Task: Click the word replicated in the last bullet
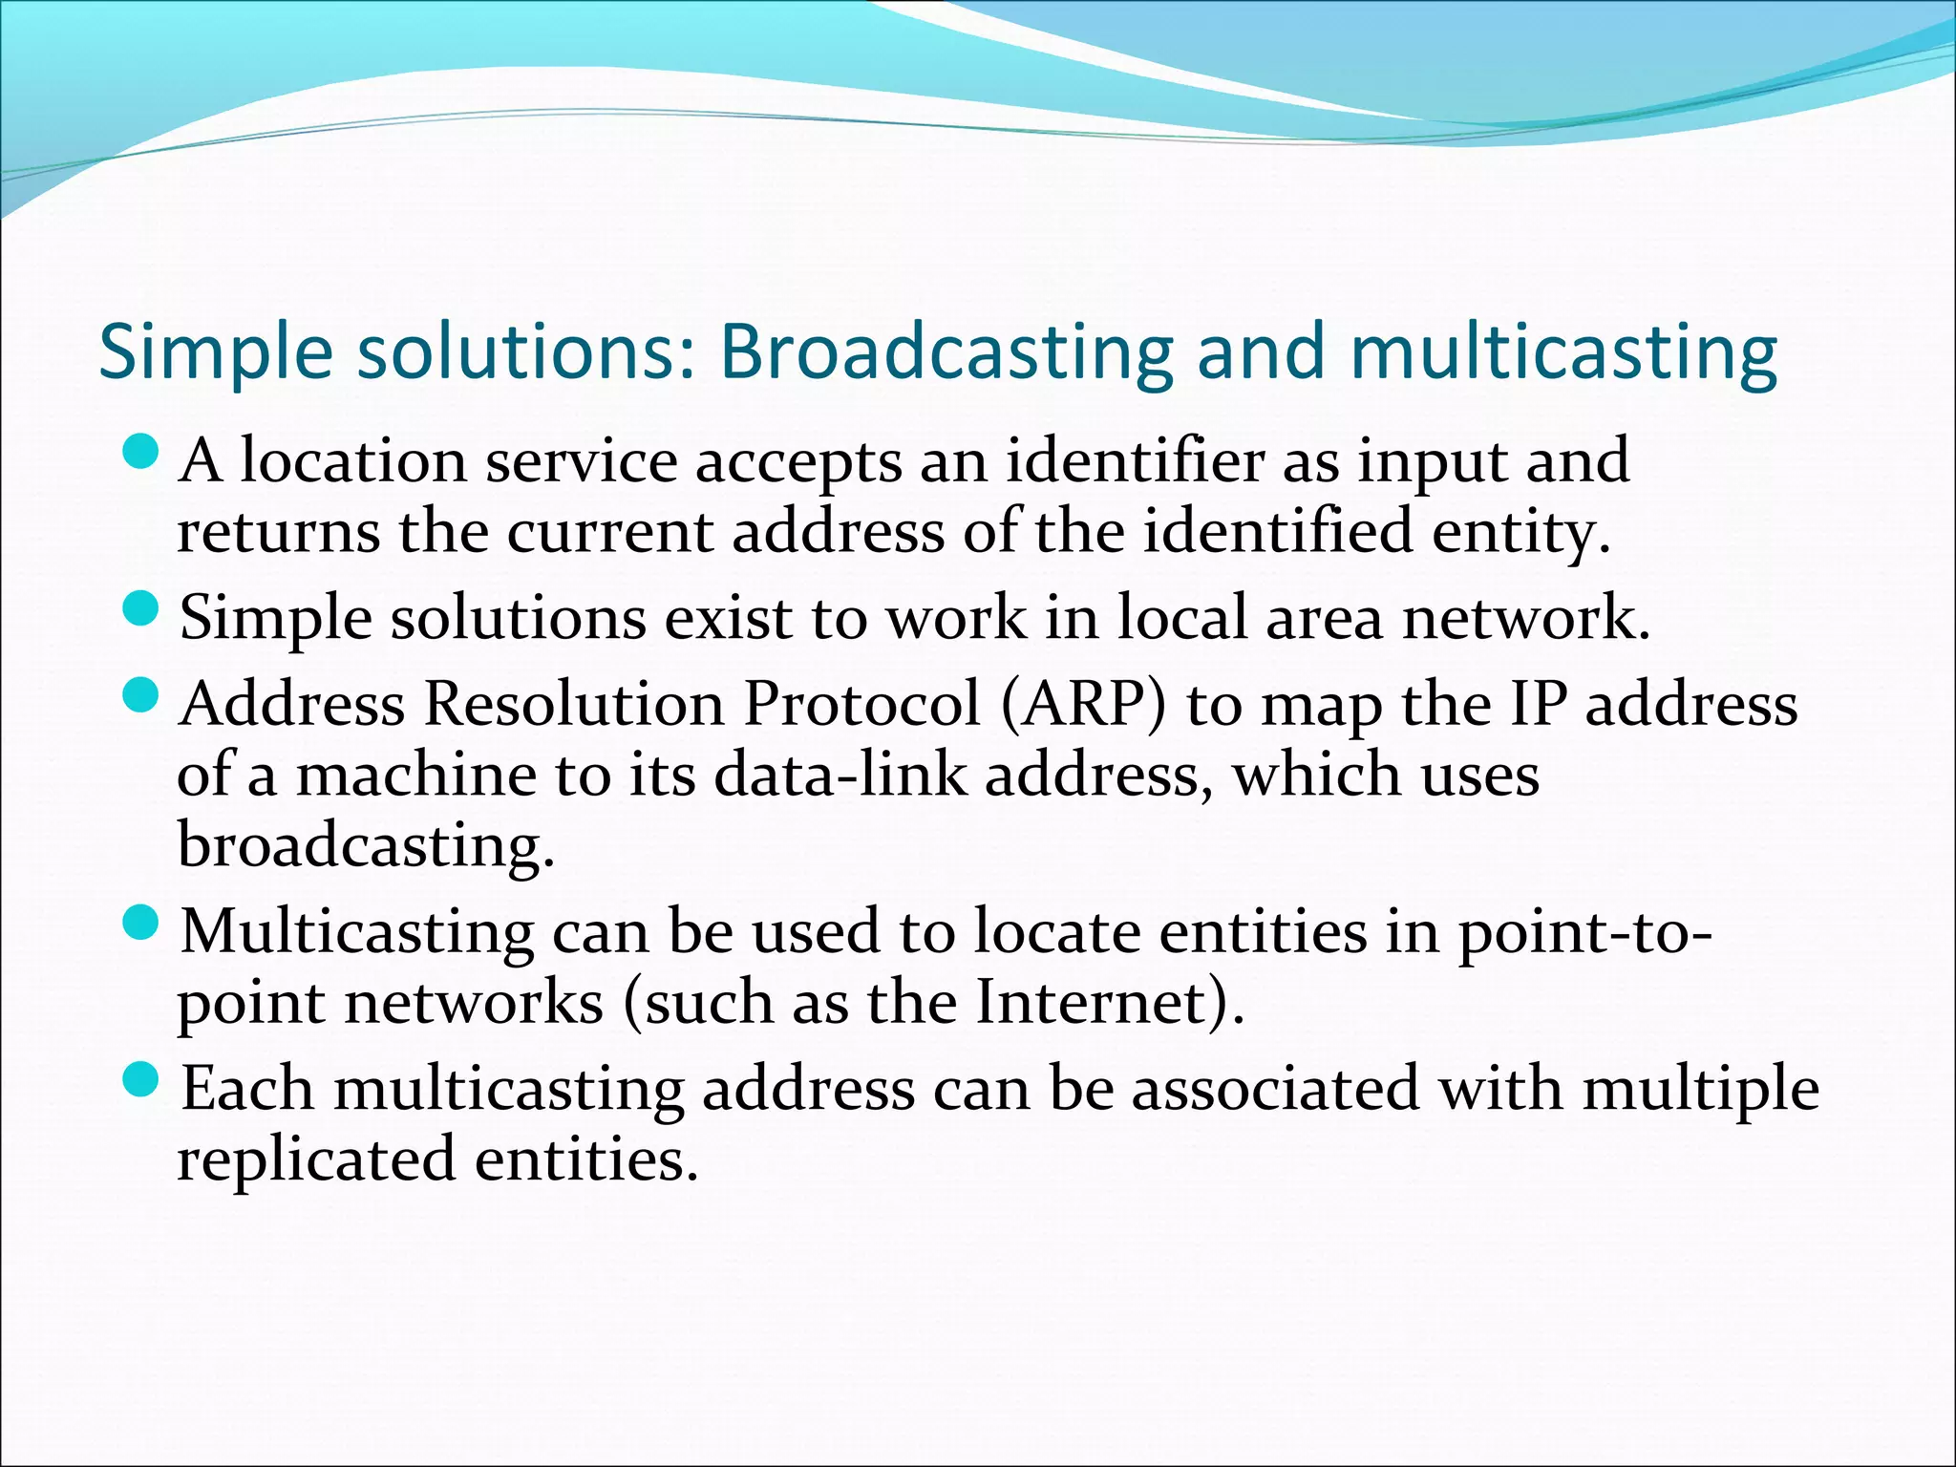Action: tap(316, 1159)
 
